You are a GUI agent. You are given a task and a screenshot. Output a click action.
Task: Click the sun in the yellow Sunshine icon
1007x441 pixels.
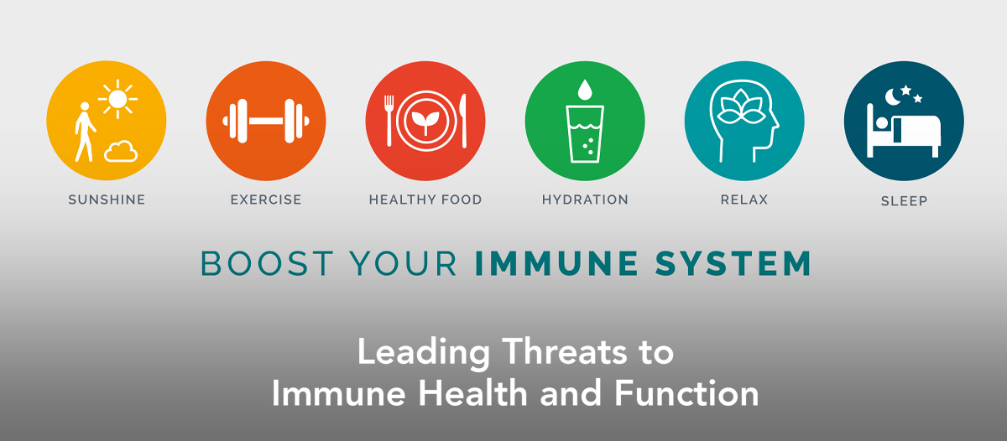117,99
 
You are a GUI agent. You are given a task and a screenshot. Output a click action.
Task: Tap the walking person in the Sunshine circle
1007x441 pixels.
85,132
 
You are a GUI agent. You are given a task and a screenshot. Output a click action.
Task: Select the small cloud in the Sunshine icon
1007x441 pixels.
121,151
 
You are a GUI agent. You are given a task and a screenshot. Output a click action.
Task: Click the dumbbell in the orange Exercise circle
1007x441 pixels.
266,121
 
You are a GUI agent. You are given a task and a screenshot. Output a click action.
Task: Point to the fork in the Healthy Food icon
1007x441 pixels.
389,121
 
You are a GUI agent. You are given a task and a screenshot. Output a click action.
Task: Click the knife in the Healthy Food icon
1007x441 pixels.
463,121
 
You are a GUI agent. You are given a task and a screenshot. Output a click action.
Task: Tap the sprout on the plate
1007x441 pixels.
425,122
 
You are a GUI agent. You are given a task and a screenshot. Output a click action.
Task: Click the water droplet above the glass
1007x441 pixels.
584,90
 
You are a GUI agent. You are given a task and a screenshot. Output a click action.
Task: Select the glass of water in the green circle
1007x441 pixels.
585,134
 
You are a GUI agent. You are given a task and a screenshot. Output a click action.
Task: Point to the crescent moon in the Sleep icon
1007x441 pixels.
892,96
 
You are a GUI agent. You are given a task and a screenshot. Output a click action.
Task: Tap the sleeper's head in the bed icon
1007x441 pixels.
882,123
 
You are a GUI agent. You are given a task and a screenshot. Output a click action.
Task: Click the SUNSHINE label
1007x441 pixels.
107,200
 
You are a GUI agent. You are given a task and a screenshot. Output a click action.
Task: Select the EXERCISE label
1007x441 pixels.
266,200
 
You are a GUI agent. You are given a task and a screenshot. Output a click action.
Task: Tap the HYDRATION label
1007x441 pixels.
585,200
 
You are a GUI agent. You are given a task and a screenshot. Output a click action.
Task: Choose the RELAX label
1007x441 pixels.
744,200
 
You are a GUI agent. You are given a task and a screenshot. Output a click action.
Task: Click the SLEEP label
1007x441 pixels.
904,201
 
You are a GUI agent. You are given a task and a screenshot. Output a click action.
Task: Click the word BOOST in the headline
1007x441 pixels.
267,263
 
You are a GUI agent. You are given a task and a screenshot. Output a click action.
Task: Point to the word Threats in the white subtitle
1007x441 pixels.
564,352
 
